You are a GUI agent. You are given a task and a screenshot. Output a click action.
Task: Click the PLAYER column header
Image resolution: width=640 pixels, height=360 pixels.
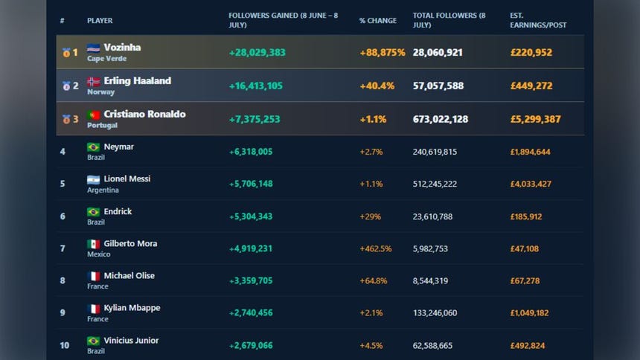pyautogui.click(x=100, y=20)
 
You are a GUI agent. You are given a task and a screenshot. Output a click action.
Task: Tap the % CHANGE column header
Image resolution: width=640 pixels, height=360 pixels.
pyautogui.click(x=377, y=20)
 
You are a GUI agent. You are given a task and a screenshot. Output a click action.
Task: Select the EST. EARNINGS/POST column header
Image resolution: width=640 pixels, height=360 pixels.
pyautogui.click(x=538, y=20)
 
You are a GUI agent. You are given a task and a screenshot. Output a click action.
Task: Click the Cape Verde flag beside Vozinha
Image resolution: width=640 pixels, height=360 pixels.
pyautogui.click(x=94, y=48)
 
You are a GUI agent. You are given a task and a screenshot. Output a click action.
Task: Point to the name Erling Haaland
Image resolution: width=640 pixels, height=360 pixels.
pyautogui.click(x=137, y=81)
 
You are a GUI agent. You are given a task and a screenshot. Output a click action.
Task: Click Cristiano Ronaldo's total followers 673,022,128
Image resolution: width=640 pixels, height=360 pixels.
pyautogui.click(x=441, y=119)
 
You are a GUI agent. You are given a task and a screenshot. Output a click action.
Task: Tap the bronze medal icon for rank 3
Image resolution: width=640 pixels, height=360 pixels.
pyautogui.click(x=66, y=119)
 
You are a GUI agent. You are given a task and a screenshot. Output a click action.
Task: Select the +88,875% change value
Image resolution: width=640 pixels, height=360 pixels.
pyautogui.click(x=382, y=53)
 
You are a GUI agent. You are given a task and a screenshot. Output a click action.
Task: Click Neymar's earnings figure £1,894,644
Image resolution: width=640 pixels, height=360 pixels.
pyautogui.click(x=530, y=152)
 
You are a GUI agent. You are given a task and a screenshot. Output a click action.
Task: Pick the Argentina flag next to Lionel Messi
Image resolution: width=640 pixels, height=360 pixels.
pyautogui.click(x=94, y=179)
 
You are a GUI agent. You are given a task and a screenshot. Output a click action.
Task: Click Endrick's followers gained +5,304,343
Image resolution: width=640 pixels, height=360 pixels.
pyautogui.click(x=251, y=216)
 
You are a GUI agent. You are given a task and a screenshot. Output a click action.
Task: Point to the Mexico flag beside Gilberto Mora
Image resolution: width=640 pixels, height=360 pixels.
pyautogui.click(x=94, y=244)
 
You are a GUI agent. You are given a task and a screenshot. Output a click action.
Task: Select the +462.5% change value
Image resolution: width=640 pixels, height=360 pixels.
pyautogui.click(x=376, y=248)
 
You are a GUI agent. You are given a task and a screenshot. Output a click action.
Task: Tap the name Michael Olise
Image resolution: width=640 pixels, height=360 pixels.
pyautogui.click(x=129, y=276)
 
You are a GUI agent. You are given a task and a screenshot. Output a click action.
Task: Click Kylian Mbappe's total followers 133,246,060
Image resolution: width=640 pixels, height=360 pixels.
pyautogui.click(x=435, y=313)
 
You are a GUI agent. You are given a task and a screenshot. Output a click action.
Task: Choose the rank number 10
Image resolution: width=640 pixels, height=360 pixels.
pyautogui.click(x=65, y=345)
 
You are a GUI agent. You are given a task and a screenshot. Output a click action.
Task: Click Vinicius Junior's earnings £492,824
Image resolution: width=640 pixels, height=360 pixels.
pyautogui.click(x=528, y=346)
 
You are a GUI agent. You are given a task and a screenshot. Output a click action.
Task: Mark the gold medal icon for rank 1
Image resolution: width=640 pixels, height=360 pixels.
pyautogui.click(x=66, y=53)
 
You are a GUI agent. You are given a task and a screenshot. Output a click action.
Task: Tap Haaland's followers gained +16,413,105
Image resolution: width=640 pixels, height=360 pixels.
pyautogui.click(x=255, y=86)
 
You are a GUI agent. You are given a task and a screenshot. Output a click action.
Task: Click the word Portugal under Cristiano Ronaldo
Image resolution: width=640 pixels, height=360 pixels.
pyautogui.click(x=102, y=125)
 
